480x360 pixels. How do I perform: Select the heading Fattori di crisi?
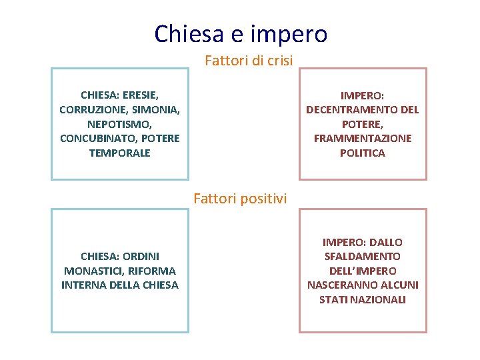pyautogui.click(x=249, y=61)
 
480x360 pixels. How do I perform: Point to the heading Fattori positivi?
pyautogui.click(x=240, y=198)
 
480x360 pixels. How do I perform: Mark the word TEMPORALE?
pyautogui.click(x=119, y=153)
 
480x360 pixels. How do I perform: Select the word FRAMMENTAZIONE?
pyautogui.click(x=363, y=139)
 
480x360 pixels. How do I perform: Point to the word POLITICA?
pyautogui.click(x=363, y=153)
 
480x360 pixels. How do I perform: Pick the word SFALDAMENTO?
pyautogui.click(x=363, y=256)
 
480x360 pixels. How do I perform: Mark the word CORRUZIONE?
pyautogui.click(x=89, y=109)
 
